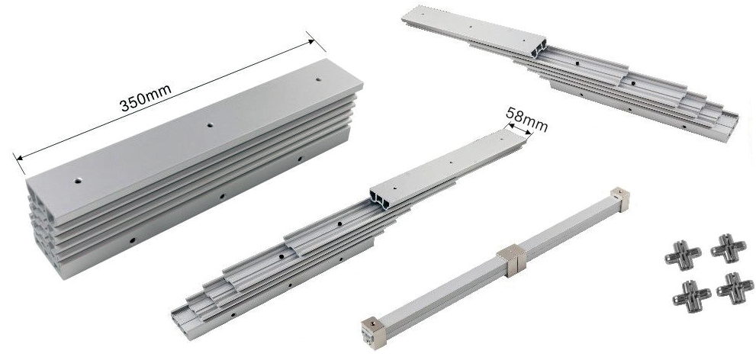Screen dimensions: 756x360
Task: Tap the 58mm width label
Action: [x=526, y=119]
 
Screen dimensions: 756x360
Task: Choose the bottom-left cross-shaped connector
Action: [x=690, y=295]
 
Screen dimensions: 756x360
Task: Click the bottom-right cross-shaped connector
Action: [x=735, y=288]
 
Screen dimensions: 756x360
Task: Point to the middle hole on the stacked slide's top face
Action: [x=210, y=125]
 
